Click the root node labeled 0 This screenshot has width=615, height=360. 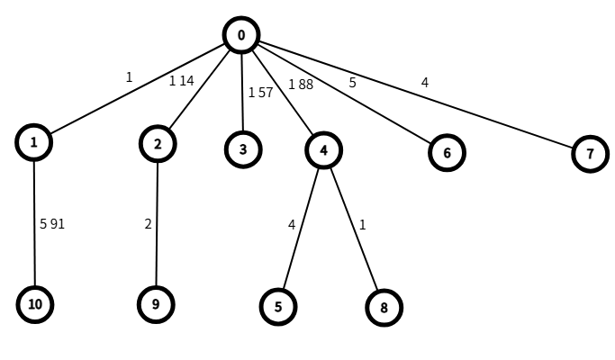coord(241,35)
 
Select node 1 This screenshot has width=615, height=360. coord(33,142)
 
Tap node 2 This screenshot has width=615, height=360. coord(158,143)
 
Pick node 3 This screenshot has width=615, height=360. coord(243,149)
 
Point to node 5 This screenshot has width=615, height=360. coord(278,307)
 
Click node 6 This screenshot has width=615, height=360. coord(447,152)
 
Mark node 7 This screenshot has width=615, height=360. coord(590,154)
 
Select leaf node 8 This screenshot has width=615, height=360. coord(384,308)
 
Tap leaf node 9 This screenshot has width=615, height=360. coord(156,304)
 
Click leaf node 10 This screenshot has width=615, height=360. coord(35,304)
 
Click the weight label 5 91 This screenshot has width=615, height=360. coord(52,224)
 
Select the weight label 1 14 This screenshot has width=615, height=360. coord(181,81)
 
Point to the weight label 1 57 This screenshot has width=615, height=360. coord(260,93)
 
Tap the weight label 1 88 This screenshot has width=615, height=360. coord(301,85)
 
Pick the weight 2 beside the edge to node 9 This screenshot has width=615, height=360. coord(148,224)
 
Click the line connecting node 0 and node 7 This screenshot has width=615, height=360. coord(415,94)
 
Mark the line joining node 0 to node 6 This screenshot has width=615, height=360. coord(344,94)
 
